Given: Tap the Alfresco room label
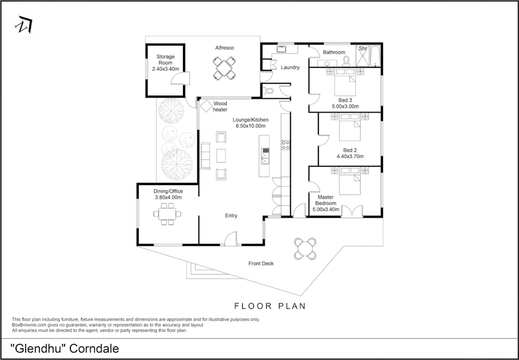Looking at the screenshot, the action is [225, 48].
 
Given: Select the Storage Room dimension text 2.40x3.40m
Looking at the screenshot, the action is [165, 69].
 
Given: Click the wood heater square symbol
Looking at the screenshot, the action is [206, 106].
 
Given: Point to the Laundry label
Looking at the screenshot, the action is [290, 68].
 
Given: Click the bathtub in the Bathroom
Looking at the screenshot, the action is [376, 55].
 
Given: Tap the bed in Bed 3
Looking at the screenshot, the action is [345, 82].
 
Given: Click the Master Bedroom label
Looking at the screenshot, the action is [326, 200].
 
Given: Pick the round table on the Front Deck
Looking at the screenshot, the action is [305, 249].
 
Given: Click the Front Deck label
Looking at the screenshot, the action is [261, 263].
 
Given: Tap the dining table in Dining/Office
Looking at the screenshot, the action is [167, 214].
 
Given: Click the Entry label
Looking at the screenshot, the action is [231, 216].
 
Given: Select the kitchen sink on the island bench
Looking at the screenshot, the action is [265, 156].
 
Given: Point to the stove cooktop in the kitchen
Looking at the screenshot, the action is [286, 145].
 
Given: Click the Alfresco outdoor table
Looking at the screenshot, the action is [224, 68].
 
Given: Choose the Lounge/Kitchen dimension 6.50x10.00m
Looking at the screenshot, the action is [251, 126].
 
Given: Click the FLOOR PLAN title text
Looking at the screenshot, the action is [270, 306].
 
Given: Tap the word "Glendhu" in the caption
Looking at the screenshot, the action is [39, 348].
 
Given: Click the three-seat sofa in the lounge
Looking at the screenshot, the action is [205, 156].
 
